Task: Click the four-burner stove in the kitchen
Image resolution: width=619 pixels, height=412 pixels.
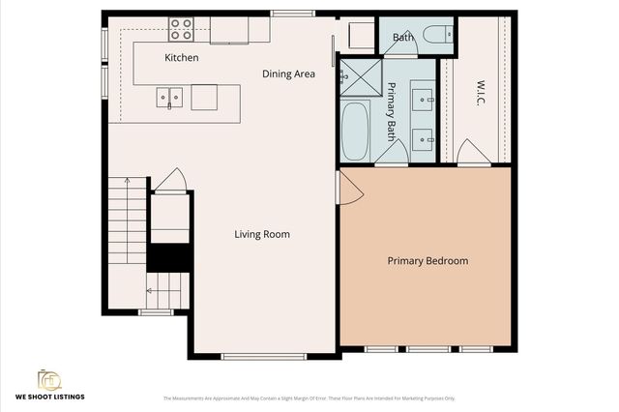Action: (x=181, y=29)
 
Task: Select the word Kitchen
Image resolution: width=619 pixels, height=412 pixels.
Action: (x=182, y=58)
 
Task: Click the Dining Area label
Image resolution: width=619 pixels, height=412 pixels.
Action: (x=289, y=74)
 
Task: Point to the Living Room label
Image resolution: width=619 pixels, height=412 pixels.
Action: (x=262, y=234)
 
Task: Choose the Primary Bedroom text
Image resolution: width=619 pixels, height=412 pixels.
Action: (x=427, y=261)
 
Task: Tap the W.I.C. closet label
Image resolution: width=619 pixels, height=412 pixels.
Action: (x=479, y=92)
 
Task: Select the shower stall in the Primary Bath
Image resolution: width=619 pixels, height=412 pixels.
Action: (x=360, y=74)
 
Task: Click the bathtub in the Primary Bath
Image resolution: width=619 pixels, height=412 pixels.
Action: (x=356, y=132)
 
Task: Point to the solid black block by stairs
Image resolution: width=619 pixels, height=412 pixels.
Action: (x=169, y=257)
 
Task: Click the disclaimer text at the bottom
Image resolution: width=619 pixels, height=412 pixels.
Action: (x=309, y=397)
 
